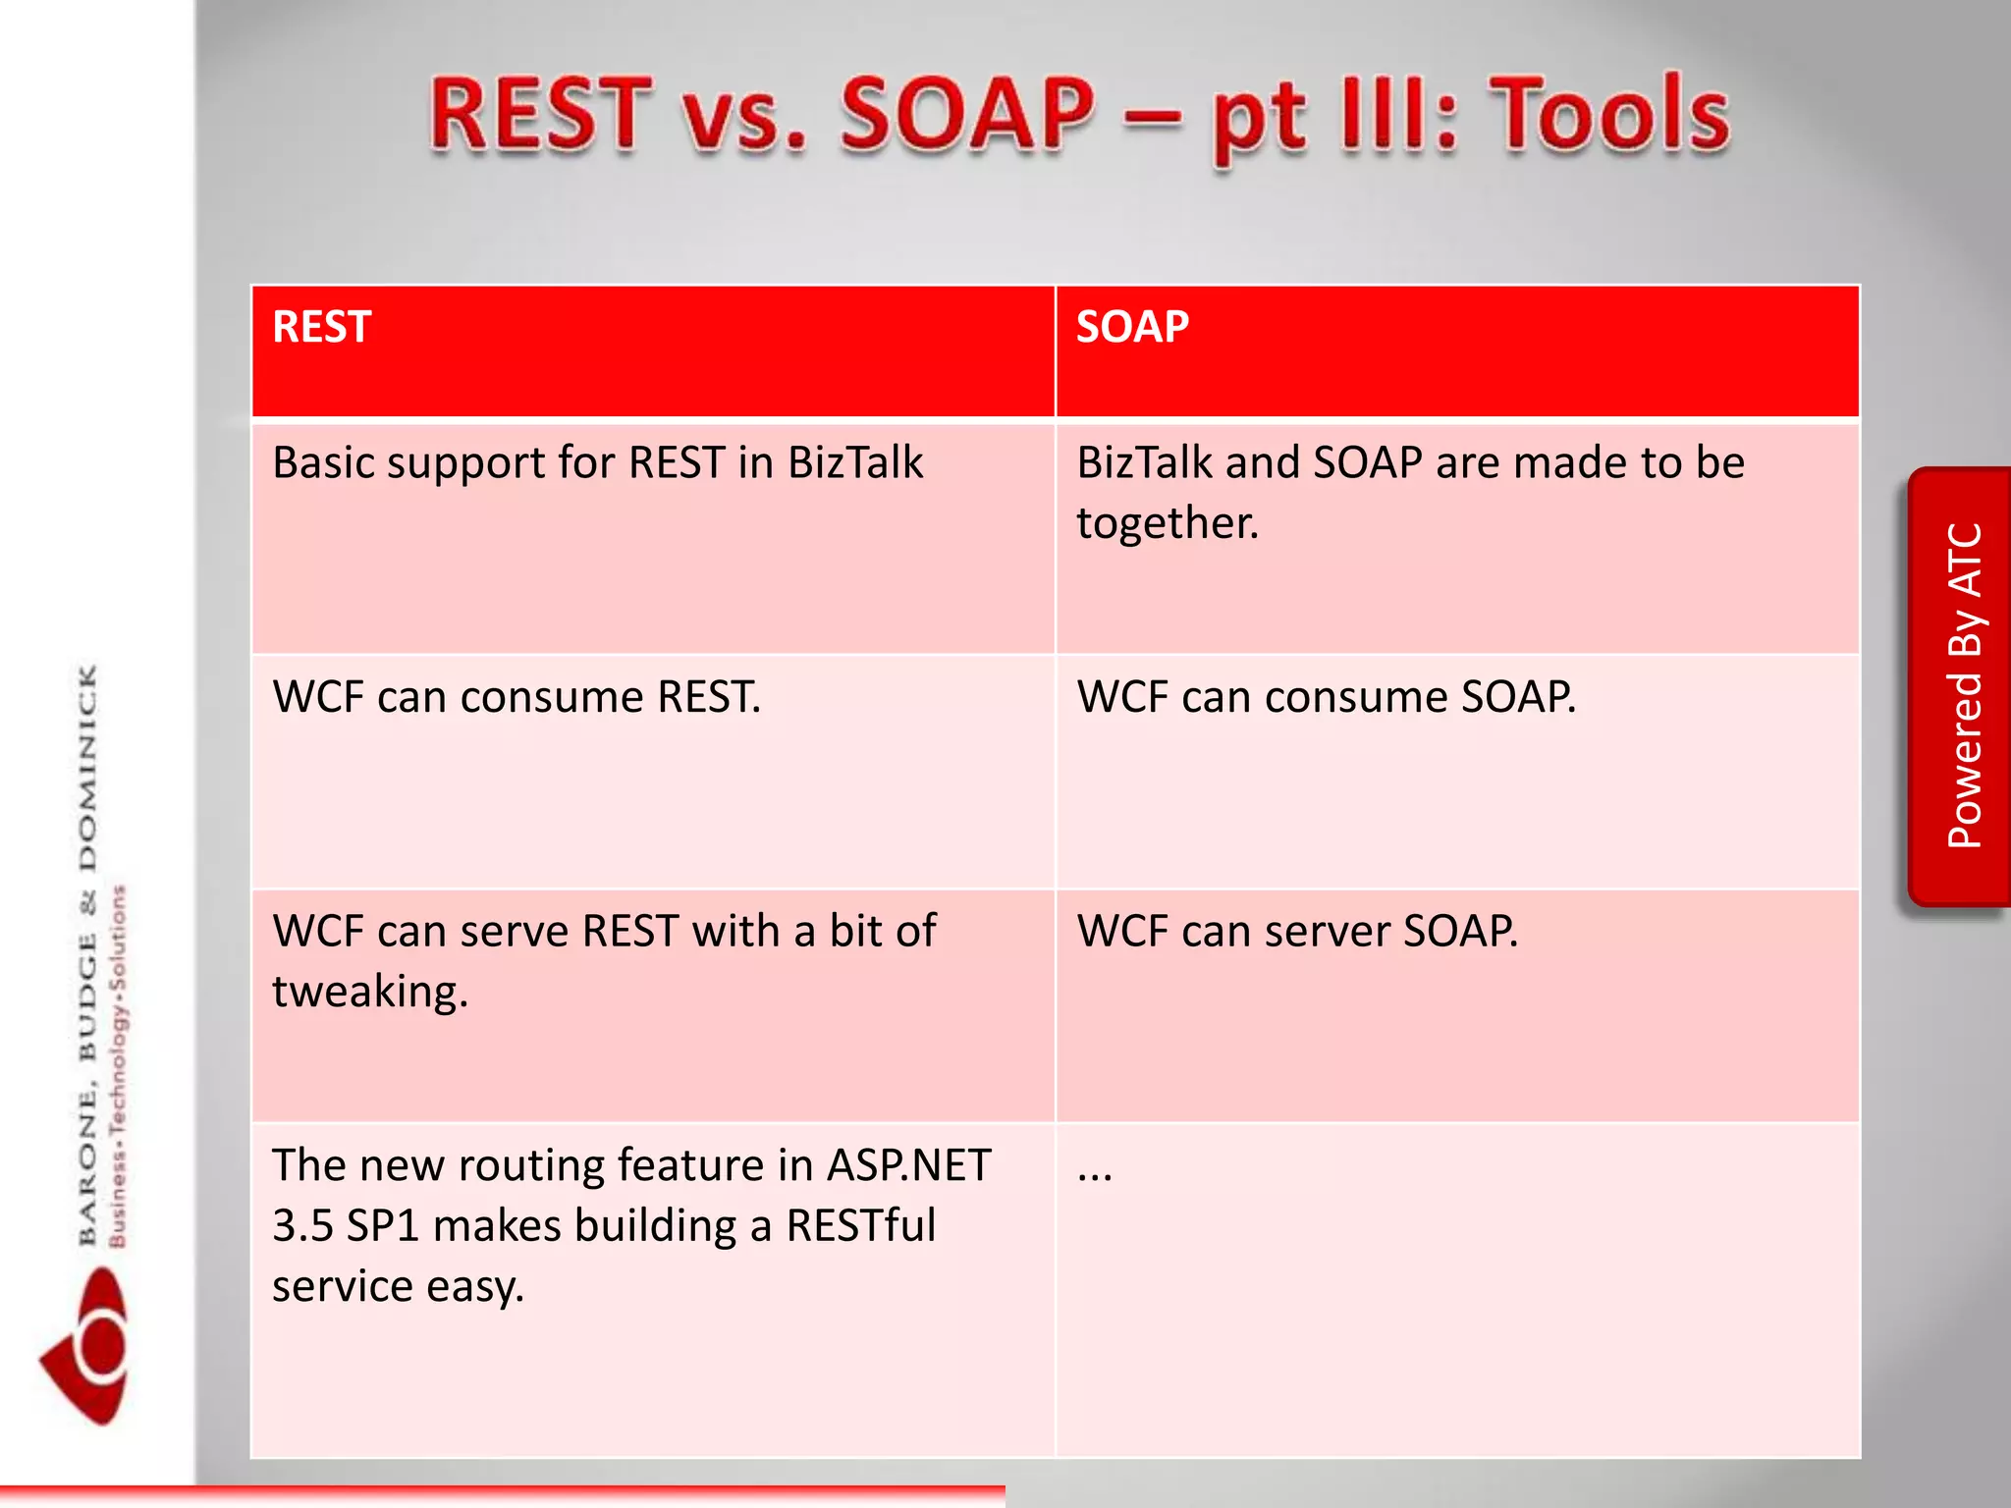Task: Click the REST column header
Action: pyautogui.click(x=322, y=327)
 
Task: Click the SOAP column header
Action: pyautogui.click(x=1132, y=327)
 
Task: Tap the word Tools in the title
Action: pyautogui.click(x=1610, y=116)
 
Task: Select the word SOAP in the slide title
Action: pyautogui.click(x=967, y=116)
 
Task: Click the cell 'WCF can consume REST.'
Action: pyautogui.click(x=516, y=697)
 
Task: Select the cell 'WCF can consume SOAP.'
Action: pyautogui.click(x=1326, y=697)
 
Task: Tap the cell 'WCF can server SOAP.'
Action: pyautogui.click(x=1296, y=931)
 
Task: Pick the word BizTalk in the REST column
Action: pyautogui.click(x=855, y=462)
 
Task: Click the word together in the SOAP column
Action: pyautogui.click(x=1167, y=522)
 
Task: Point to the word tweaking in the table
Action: pyautogui.click(x=369, y=992)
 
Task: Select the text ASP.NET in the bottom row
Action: pyautogui.click(x=908, y=1165)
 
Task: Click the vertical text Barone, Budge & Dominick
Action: pyautogui.click(x=88, y=952)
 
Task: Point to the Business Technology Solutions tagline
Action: pyautogui.click(x=118, y=1065)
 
